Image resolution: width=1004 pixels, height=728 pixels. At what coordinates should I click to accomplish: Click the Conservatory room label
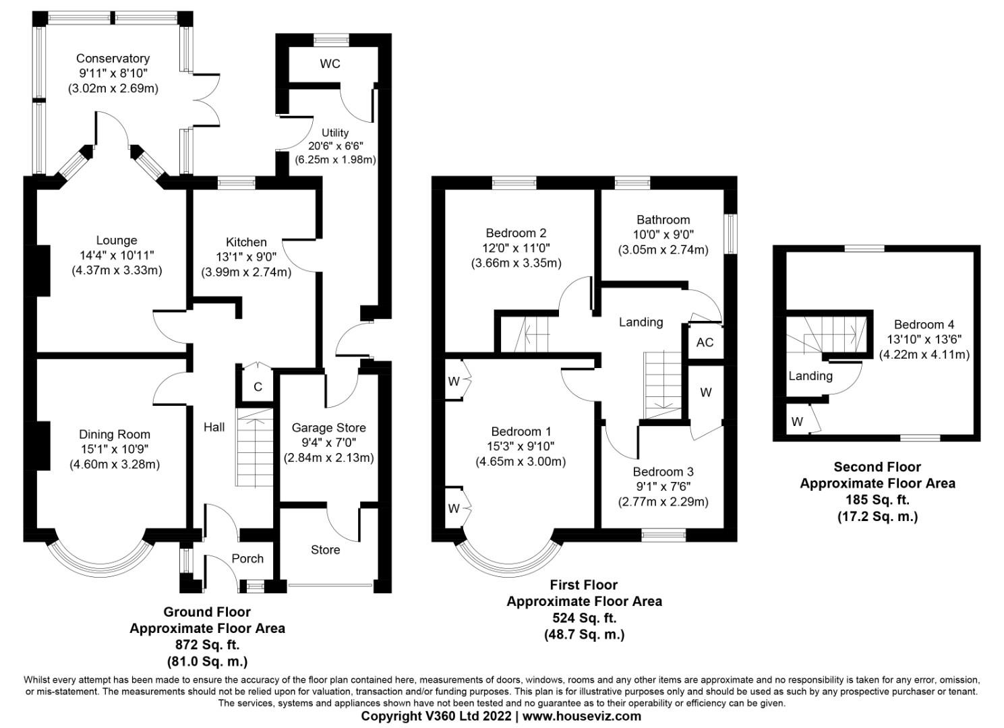(113, 59)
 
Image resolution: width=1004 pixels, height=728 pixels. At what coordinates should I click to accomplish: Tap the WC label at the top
(330, 64)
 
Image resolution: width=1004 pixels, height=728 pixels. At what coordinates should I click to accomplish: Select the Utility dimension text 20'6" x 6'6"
(335, 146)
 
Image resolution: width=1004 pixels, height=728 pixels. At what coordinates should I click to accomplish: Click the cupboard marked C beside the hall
(258, 387)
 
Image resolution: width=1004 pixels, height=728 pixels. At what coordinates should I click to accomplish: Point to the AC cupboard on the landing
(705, 342)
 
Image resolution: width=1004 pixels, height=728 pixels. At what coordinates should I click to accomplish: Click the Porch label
(247, 559)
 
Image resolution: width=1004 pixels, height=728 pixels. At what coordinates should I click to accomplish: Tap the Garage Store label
(328, 428)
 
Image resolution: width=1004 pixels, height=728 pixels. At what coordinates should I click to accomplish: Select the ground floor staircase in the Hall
(255, 448)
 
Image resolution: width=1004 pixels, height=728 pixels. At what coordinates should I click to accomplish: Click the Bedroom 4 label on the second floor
(924, 325)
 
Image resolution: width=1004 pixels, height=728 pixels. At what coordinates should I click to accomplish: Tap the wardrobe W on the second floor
(798, 422)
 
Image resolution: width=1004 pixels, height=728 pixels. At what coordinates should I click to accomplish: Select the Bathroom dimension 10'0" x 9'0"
(663, 235)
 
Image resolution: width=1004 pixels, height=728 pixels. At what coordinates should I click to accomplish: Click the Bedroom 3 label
(663, 472)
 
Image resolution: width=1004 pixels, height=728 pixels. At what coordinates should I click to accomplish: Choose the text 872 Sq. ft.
(207, 645)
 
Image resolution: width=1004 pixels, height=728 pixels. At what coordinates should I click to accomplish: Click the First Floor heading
(583, 585)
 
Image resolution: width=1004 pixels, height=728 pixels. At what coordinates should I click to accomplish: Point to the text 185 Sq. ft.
(877, 500)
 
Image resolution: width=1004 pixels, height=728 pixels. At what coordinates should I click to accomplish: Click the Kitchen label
(246, 242)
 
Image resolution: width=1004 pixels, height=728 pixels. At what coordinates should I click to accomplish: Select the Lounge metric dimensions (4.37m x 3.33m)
(117, 270)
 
